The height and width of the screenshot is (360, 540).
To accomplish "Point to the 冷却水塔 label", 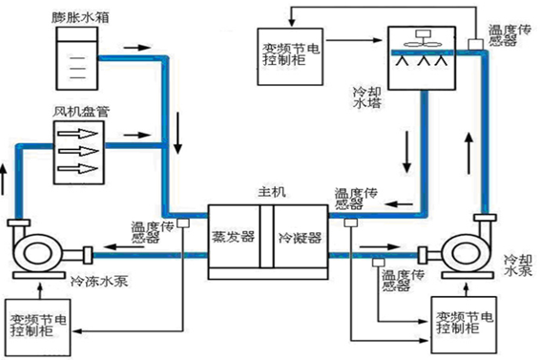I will click(x=367, y=92).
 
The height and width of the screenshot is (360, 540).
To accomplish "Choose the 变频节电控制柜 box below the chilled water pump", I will click(x=43, y=322).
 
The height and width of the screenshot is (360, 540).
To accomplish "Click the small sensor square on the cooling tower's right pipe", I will click(x=475, y=45).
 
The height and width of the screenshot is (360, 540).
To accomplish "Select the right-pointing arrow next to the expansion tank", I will click(x=137, y=46).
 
